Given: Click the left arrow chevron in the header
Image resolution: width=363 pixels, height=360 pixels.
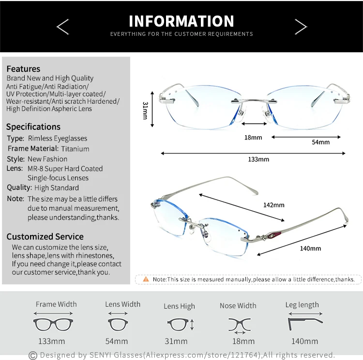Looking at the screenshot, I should [x=63, y=27].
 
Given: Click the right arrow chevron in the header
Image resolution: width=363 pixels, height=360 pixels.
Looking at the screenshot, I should [x=301, y=27].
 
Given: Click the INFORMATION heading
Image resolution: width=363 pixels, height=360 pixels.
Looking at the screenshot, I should [x=181, y=21].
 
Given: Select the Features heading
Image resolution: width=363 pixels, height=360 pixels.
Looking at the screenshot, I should [x=23, y=69].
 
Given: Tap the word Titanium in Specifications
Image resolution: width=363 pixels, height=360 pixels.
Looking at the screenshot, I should [x=75, y=149].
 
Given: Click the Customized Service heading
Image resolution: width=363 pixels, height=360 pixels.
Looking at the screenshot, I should [x=45, y=236].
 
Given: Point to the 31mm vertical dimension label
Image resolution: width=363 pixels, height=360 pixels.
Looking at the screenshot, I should [x=145, y=110].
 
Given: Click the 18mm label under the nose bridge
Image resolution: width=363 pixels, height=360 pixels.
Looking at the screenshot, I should [x=253, y=138].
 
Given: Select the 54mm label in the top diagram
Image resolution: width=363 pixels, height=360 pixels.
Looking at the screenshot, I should [x=320, y=142].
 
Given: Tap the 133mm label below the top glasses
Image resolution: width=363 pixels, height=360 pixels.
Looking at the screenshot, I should [x=258, y=159].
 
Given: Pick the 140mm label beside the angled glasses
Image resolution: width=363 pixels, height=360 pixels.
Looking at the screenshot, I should [x=310, y=249].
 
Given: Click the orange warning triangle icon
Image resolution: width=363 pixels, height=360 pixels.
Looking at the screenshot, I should [x=146, y=279].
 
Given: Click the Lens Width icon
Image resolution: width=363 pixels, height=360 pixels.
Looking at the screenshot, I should [x=117, y=323].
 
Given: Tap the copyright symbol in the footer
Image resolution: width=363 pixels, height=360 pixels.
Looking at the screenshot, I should [x=33, y=356].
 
